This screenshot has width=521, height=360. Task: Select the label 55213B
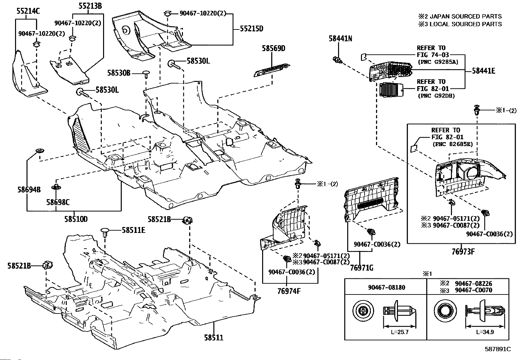(x=90, y=6)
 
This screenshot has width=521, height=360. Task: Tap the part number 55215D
(x=252, y=29)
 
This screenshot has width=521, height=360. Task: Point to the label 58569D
(x=274, y=49)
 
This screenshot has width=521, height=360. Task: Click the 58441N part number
(x=340, y=39)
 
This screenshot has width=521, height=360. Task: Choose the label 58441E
(x=483, y=71)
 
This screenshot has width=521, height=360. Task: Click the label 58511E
(x=134, y=230)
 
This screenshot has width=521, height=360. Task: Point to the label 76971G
(x=361, y=268)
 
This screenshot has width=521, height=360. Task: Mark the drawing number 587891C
(x=498, y=349)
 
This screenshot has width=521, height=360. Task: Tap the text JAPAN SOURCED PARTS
(x=465, y=16)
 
